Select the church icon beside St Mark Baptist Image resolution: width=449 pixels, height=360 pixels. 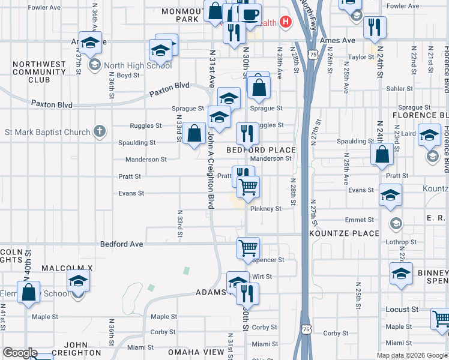tap(100, 131)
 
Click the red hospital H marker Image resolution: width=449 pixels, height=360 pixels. tap(286, 23)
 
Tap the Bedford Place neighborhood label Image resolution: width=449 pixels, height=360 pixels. tap(261, 149)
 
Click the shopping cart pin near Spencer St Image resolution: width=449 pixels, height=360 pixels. tap(248, 247)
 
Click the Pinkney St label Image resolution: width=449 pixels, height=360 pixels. tap(265, 209)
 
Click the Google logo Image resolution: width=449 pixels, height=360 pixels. tap(20, 353)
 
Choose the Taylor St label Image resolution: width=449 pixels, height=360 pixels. tap(362, 58)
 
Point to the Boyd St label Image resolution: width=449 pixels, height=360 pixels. tap(128, 76)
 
